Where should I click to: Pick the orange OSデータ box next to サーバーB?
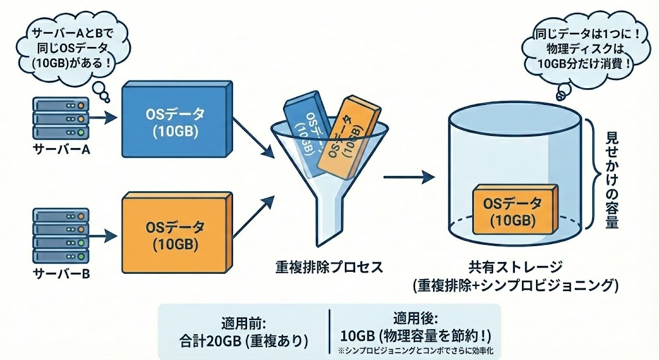point(174,236)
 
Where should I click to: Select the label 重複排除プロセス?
point(329,266)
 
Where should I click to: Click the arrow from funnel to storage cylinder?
point(406,176)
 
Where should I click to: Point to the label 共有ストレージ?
point(517,266)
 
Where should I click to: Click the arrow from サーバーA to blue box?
point(102,118)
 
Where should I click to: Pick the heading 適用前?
point(243,320)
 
